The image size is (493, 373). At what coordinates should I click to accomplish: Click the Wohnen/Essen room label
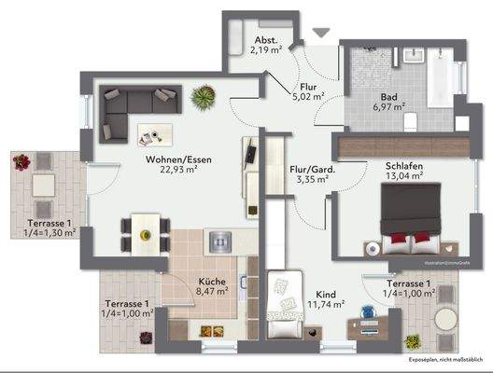pyautogui.click(x=177, y=159)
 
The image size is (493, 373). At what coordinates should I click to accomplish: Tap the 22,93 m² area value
pyautogui.click(x=177, y=171)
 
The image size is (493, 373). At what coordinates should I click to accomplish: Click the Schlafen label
pyautogui.click(x=404, y=168)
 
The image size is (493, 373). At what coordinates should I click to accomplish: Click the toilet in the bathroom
pyautogui.click(x=412, y=121)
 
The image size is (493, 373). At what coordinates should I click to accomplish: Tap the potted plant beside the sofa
pyautogui.click(x=200, y=95)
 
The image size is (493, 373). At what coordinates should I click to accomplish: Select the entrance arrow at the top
pyautogui.click(x=321, y=33)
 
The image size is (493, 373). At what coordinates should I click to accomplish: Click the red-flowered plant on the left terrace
pyautogui.click(x=20, y=162)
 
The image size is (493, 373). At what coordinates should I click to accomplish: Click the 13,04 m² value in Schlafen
pyautogui.click(x=404, y=180)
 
